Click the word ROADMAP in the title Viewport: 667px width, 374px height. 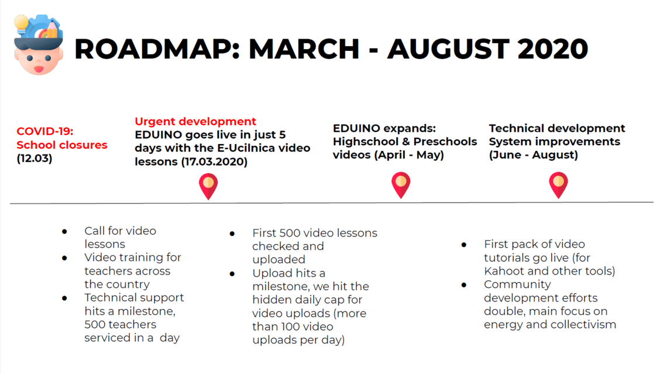[x=157, y=49]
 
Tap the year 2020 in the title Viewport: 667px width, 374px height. [x=553, y=49]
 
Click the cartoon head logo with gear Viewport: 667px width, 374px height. [x=38, y=44]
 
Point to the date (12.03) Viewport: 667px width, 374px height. [x=35, y=158]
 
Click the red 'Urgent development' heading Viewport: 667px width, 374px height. [x=195, y=121]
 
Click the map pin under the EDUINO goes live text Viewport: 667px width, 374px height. [x=208, y=186]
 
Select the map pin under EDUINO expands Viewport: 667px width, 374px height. [x=401, y=185]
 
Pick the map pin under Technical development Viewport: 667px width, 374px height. [x=559, y=185]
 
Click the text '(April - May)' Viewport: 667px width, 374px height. [x=409, y=155]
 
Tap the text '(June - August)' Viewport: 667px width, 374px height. [x=534, y=155]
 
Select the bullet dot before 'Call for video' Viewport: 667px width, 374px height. [x=65, y=231]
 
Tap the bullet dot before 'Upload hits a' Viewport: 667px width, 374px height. [x=232, y=273]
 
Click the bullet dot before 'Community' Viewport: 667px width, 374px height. [x=463, y=284]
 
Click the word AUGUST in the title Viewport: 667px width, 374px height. [x=448, y=49]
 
